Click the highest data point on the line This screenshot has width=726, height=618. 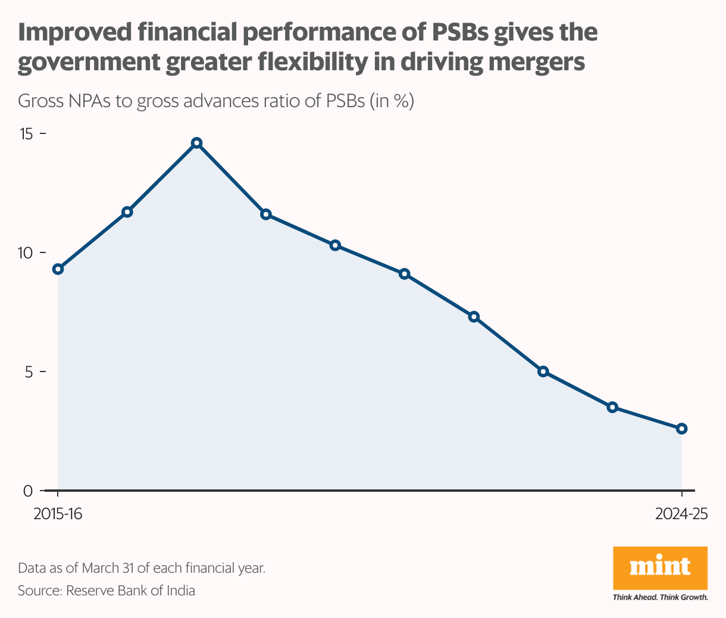point(197,143)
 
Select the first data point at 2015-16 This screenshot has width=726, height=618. point(58,269)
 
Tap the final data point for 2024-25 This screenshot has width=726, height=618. point(682,429)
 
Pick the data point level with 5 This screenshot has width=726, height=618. point(543,372)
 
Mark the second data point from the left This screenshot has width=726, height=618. point(127,212)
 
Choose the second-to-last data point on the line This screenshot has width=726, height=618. point(612,407)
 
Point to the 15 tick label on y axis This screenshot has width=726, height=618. point(26,134)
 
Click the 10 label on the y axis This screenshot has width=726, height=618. point(26,252)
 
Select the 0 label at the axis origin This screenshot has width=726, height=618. point(29,491)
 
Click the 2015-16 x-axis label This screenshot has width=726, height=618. point(58,514)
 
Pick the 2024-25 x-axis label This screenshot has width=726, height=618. point(681,514)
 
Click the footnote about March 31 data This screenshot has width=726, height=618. point(141,567)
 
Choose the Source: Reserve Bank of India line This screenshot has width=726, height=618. point(107,591)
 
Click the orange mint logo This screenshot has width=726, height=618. point(660,567)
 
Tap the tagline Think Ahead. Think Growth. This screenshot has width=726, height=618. point(660,597)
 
